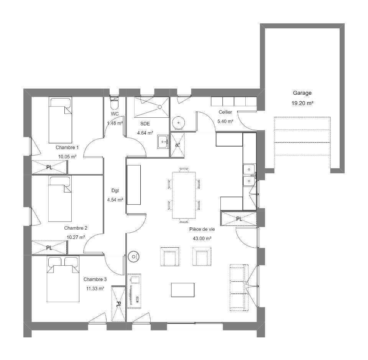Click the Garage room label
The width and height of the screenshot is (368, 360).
[x=302, y=93]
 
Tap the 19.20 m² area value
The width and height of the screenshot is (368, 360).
[x=302, y=103]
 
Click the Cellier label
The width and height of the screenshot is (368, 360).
[x=225, y=112]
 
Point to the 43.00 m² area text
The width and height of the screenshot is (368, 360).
[x=202, y=238]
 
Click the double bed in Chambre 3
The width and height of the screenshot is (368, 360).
[x=63, y=279]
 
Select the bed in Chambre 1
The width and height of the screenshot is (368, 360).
[x=60, y=120]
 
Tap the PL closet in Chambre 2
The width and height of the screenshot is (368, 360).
[x=49, y=248]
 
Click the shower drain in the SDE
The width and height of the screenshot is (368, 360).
[x=159, y=107]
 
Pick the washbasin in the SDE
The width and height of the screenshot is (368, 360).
[x=163, y=141]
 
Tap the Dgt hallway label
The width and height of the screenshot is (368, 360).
[x=115, y=191]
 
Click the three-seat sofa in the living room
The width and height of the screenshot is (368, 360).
[x=239, y=288]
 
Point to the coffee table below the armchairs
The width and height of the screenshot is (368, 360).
[x=182, y=290]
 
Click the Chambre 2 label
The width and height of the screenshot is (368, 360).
[x=76, y=228]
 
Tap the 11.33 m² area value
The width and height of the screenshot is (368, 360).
[x=95, y=288]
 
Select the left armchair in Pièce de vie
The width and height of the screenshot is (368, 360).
[x=170, y=256]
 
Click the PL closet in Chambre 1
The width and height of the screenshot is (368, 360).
[x=49, y=167]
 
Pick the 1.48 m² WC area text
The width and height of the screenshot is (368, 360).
[x=115, y=123]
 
